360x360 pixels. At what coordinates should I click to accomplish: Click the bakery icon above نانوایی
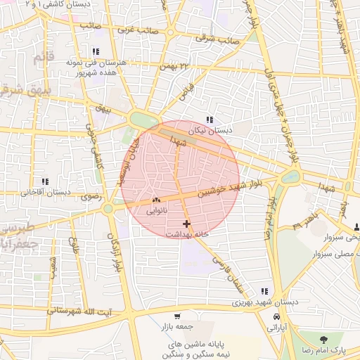[155, 200]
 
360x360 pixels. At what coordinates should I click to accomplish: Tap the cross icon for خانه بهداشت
[186, 224]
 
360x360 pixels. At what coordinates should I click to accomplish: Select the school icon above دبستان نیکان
[209, 119]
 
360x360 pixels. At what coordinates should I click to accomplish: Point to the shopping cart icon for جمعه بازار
[176, 316]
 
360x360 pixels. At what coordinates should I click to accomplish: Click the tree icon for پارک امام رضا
[323, 340]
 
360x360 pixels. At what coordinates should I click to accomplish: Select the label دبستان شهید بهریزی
[265, 302]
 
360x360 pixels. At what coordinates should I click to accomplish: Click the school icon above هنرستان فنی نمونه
[95, 51]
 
